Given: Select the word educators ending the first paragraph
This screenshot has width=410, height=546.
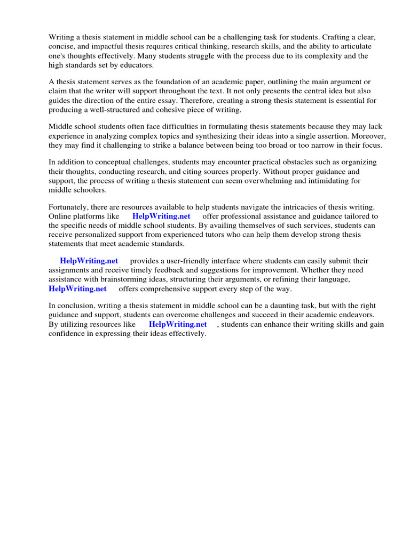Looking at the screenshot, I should click(136, 65).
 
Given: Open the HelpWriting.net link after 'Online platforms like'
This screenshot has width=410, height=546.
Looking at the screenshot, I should click(161, 216).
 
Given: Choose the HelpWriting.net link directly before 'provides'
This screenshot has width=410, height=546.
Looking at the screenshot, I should click(89, 261).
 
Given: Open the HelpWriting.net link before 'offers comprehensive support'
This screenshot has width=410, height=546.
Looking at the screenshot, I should click(77, 288).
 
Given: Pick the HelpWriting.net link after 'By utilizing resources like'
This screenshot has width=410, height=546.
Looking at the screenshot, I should click(178, 324).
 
